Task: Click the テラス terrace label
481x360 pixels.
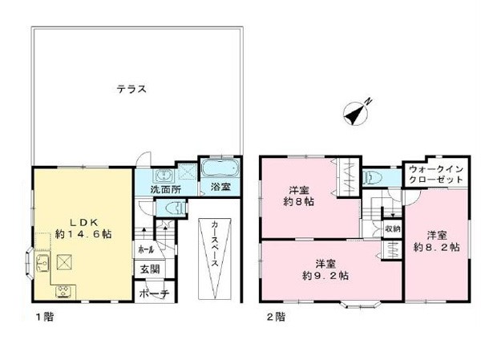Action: (131, 89)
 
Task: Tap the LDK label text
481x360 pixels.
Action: (83, 221)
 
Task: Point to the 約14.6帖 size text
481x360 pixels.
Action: (83, 234)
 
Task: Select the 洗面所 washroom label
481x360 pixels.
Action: (166, 189)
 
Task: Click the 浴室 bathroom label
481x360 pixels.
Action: (220, 187)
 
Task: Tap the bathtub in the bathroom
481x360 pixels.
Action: (220, 168)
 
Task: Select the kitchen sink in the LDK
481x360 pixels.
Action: (42, 263)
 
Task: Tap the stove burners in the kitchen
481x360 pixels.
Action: (65, 291)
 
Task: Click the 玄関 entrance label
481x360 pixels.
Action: (151, 269)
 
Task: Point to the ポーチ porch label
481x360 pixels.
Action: (154, 293)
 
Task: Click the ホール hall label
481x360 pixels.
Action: (146, 249)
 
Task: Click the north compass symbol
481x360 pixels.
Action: (356, 112)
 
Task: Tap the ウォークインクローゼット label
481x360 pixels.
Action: (436, 174)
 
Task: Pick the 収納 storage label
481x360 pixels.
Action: (393, 229)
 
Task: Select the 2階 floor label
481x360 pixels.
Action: (276, 317)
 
